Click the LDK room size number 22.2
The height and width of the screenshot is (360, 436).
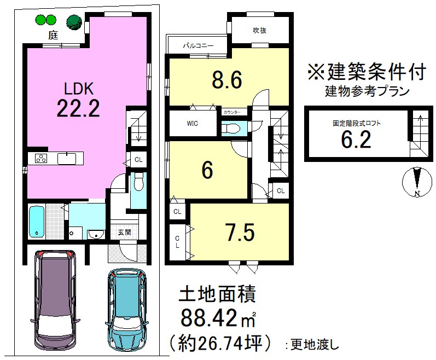point(78,109)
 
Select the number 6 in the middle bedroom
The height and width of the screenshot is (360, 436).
point(207,171)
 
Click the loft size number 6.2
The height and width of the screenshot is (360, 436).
point(356,140)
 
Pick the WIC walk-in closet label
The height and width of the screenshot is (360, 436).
point(192,123)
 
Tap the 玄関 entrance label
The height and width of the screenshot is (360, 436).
point(124,232)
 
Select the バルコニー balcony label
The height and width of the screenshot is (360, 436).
point(197,47)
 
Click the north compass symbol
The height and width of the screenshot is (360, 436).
point(416,183)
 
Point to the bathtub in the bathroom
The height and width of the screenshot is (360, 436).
point(37,221)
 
